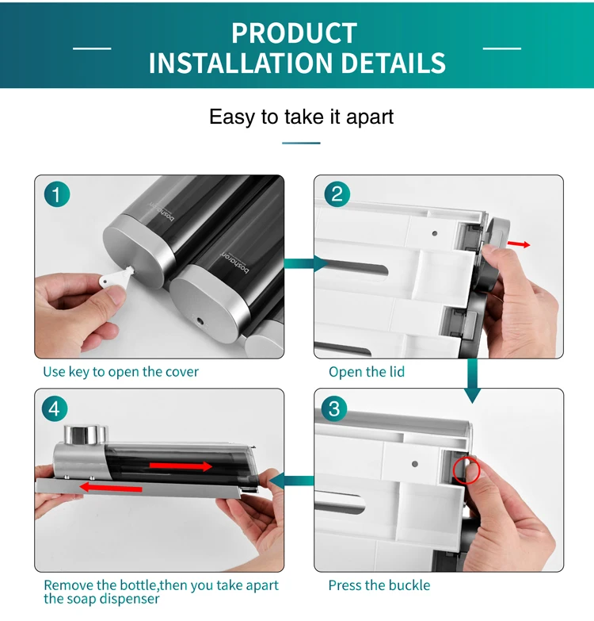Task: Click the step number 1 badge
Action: click(57, 194)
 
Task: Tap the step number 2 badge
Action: click(337, 194)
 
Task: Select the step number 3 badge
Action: click(334, 408)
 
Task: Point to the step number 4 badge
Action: click(55, 408)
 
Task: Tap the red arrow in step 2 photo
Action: click(519, 244)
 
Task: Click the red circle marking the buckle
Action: click(466, 470)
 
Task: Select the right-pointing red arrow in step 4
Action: click(181, 466)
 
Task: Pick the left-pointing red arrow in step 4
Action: click(111, 487)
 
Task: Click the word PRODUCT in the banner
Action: click(295, 33)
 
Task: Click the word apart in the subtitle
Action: click(370, 117)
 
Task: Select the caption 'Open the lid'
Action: click(367, 372)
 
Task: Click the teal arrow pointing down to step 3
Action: click(472, 381)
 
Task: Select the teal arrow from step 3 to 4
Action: click(291, 481)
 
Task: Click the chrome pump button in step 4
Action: click(86, 435)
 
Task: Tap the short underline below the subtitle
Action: click(301, 143)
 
